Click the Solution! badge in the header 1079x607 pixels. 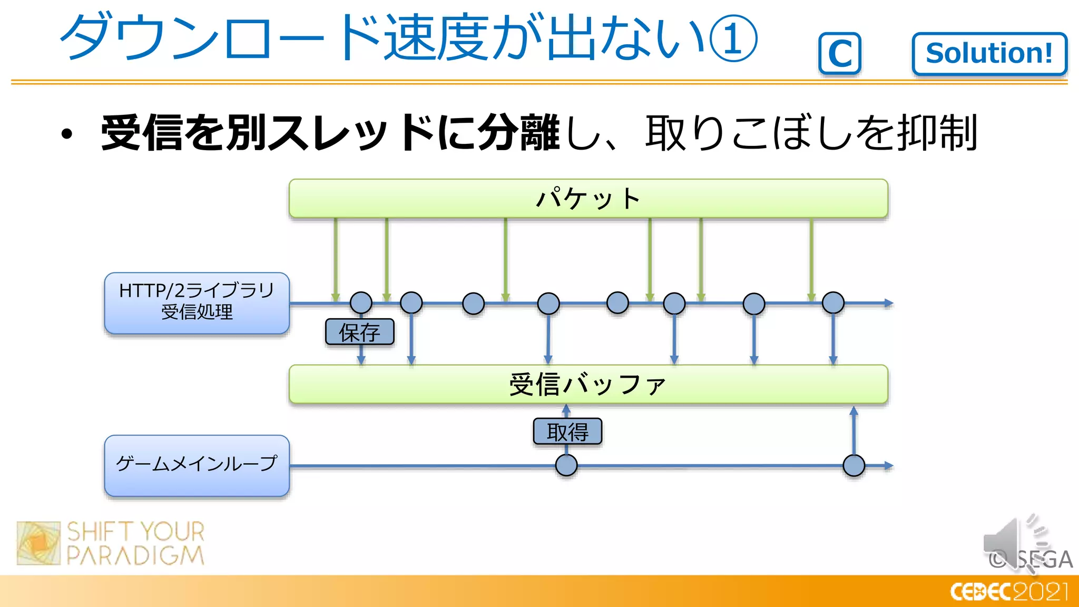989,54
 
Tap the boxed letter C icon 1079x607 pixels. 840,54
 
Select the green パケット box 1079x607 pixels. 588,199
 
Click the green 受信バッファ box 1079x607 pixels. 588,384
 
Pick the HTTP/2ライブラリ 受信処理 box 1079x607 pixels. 197,303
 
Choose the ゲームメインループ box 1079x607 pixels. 197,465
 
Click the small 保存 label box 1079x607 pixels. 359,332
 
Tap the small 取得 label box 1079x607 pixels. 567,432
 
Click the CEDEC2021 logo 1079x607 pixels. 1009,592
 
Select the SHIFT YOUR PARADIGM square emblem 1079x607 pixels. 38,543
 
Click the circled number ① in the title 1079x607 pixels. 732,38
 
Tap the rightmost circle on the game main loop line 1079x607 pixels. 854,466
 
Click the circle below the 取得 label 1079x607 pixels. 566,466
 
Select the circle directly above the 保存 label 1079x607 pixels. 361,303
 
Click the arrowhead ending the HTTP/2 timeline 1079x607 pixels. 889,303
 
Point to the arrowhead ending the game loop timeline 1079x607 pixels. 889,466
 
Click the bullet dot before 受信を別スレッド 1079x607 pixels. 66,134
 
